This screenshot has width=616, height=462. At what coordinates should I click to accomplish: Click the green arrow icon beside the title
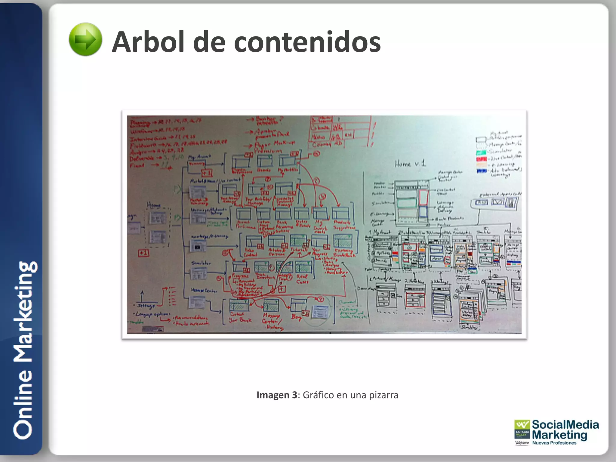click(x=85, y=39)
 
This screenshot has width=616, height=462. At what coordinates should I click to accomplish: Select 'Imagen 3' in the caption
click(x=276, y=395)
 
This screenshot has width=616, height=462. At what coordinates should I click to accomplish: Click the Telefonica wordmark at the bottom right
click(x=522, y=443)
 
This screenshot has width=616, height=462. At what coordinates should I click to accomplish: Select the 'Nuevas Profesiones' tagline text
click(x=554, y=443)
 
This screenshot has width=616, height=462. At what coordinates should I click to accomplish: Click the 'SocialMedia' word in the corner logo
click(x=565, y=425)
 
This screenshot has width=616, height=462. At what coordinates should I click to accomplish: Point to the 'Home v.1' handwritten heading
click(x=410, y=164)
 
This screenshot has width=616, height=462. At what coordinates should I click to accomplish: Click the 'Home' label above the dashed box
click(x=154, y=205)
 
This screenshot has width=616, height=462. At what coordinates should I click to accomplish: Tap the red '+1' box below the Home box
click(x=143, y=253)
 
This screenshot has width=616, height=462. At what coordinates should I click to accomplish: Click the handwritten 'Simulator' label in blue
click(x=201, y=263)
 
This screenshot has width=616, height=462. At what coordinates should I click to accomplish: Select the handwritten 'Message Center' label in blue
click(x=204, y=290)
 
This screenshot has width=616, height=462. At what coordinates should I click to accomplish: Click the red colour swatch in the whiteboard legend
click(x=481, y=159)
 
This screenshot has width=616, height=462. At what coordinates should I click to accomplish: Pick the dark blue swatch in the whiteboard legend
click(x=481, y=171)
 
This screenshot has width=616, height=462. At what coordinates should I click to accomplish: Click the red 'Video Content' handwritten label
click(x=250, y=252)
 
